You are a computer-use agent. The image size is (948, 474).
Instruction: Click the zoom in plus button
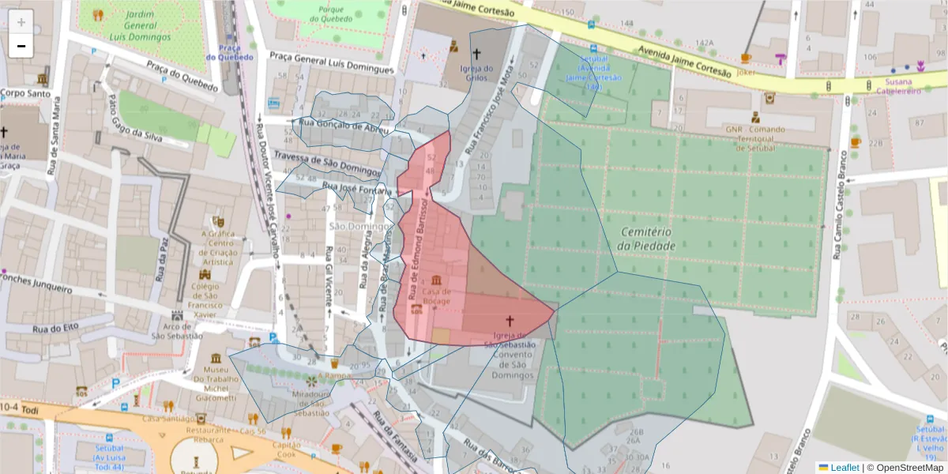click(x=21, y=22)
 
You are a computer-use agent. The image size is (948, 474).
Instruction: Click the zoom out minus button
click(x=21, y=46)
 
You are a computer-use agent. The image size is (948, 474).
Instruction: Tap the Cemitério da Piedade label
click(x=647, y=239)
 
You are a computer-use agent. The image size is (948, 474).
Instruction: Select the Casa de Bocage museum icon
click(x=436, y=280)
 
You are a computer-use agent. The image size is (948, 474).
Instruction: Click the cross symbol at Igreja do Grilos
click(x=476, y=54)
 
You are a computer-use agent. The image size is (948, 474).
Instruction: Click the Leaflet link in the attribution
click(x=844, y=468)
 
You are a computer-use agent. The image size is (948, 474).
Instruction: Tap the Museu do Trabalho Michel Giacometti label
click(x=216, y=384)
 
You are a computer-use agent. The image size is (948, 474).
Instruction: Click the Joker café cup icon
click(x=746, y=58)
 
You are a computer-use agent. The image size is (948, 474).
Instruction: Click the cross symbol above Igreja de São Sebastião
click(x=510, y=322)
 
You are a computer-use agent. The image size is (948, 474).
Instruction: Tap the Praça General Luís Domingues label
click(x=331, y=62)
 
